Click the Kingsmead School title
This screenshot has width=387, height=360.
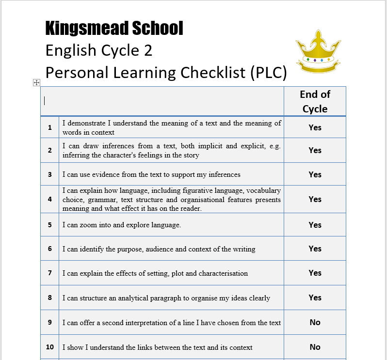click(114, 29)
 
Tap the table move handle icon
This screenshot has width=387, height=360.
click(36, 83)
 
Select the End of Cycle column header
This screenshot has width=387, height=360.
click(315, 101)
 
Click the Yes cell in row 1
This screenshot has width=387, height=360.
click(315, 127)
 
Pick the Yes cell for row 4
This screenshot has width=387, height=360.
click(315, 199)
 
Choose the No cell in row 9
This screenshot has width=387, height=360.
click(315, 322)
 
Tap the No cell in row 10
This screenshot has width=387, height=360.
click(315, 347)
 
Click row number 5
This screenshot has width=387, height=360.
click(50, 225)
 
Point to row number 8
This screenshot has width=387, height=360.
click(50, 297)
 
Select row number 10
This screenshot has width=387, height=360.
click(50, 347)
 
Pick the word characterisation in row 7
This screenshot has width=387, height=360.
click(222, 273)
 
